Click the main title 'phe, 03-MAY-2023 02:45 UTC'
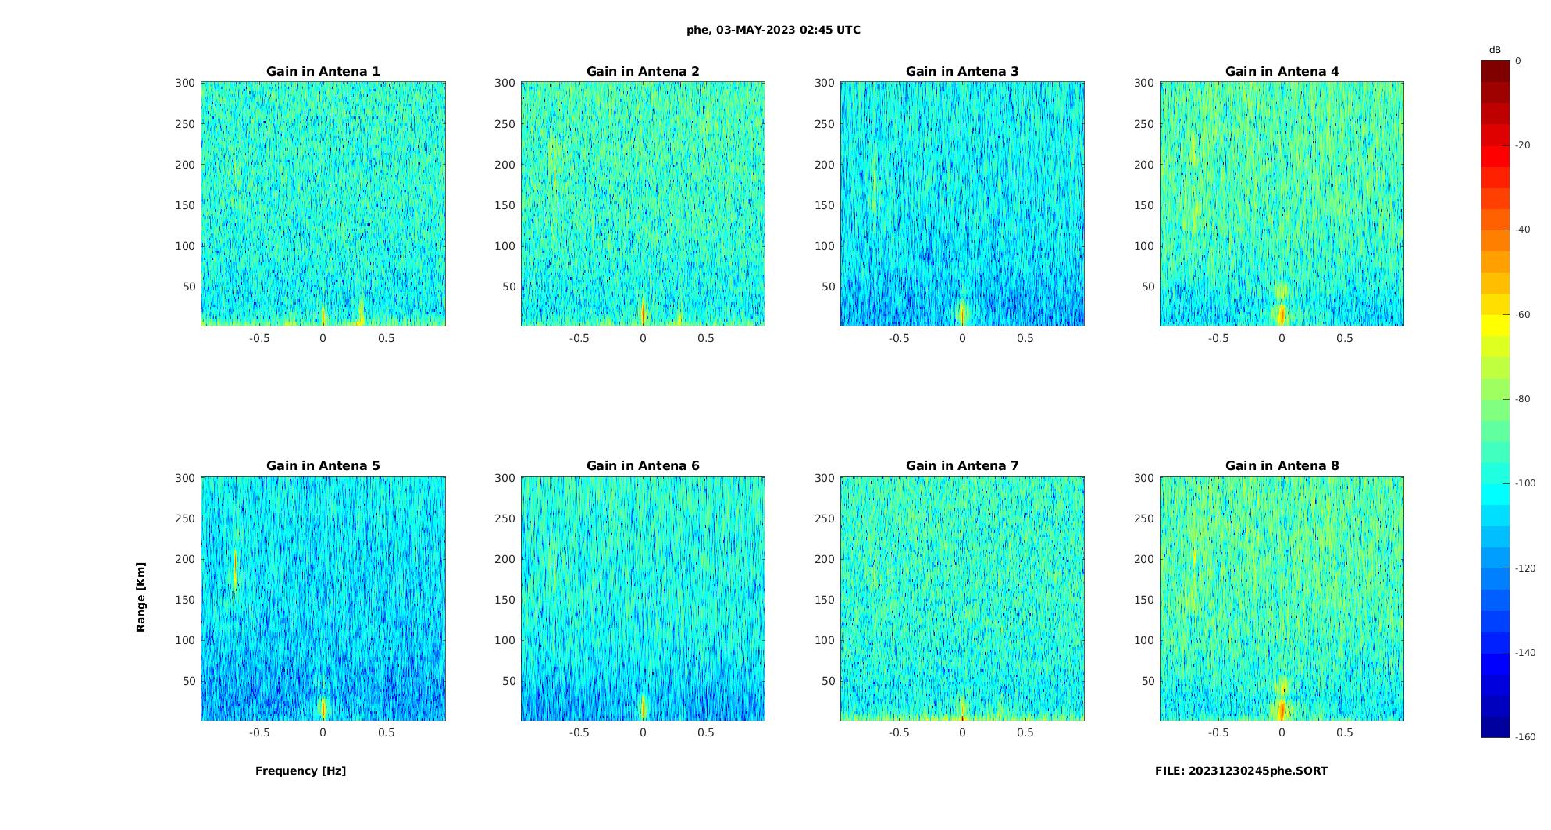coord(773,30)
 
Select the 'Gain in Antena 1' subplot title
coord(323,71)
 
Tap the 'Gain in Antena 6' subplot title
coord(643,465)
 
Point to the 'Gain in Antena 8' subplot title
coord(1282,465)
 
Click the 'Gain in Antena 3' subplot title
coord(962,71)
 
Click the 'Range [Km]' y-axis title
coord(141,597)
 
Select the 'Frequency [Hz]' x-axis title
coord(301,771)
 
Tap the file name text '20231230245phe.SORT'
coord(1258,771)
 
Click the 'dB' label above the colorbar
coord(1495,50)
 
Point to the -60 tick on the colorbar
coord(1523,315)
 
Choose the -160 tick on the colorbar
coord(1525,737)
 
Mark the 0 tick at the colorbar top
coord(1518,61)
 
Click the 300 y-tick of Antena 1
coord(184,83)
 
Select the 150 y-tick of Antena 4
coord(1143,205)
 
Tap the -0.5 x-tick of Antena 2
coord(579,338)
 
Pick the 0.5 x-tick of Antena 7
coord(1025,732)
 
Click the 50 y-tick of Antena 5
coord(188,681)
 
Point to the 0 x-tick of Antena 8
coord(1282,732)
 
